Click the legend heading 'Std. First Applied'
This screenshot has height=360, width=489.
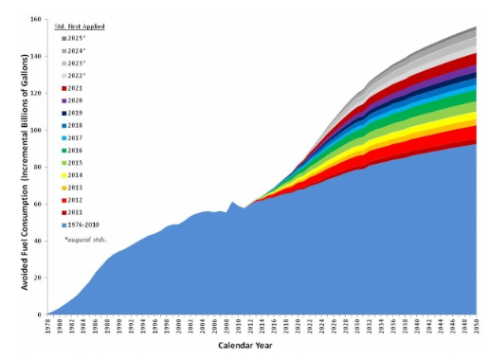(80, 24)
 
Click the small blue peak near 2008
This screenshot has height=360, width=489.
(232, 203)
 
